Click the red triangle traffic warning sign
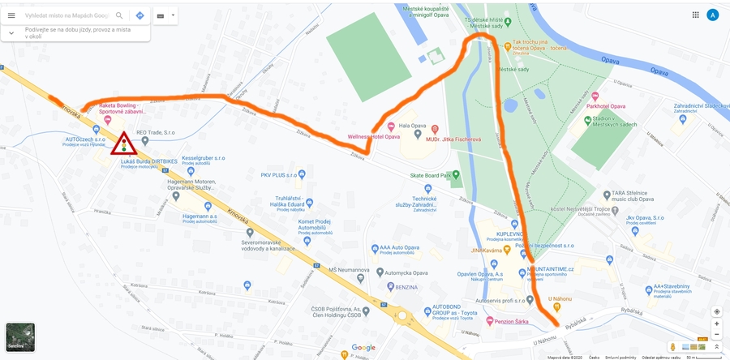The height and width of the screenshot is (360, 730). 124,144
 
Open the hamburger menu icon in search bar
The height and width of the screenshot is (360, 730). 11,15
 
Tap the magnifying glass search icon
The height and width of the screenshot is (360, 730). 119,15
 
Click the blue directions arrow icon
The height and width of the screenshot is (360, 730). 140,15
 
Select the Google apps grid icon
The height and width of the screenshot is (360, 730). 695,15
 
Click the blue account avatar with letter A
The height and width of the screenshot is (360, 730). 712,15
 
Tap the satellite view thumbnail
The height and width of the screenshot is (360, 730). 20,336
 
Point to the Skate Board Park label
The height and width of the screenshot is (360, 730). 435,174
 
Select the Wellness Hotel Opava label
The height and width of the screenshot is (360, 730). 374,137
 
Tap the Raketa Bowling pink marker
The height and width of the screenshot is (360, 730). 107,119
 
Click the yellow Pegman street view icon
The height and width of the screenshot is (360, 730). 672,347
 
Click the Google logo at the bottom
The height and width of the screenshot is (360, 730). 363,348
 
